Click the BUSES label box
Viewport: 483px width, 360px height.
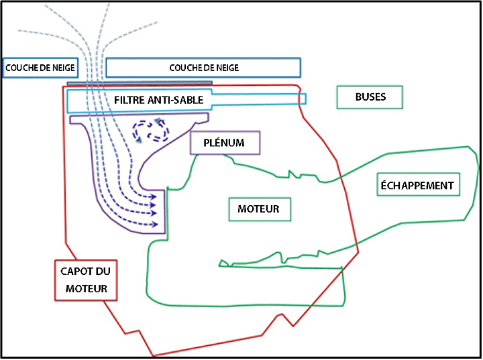click(x=370, y=97)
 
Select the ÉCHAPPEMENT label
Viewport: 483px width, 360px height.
click(x=419, y=185)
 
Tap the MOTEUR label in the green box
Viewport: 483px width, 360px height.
click(x=258, y=209)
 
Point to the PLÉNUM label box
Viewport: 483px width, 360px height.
click(x=225, y=143)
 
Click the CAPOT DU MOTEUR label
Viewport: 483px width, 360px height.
click(x=85, y=280)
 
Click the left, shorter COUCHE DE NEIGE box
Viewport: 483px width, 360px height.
click(x=40, y=68)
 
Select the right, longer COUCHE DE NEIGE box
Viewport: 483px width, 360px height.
click(x=203, y=68)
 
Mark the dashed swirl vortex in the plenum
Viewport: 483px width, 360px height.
click(x=152, y=130)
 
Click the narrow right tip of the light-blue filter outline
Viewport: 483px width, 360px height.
click(x=304, y=99)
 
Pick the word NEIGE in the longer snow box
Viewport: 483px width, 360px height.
click(x=225, y=68)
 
